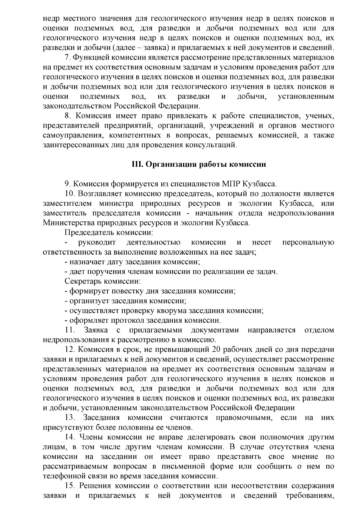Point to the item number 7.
[67, 58]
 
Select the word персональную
[308, 242]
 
